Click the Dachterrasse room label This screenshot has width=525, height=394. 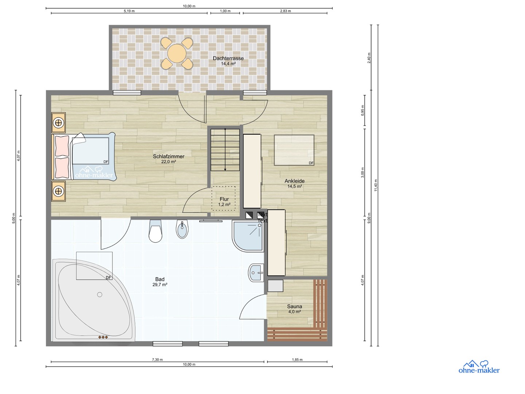pyautogui.click(x=228, y=61)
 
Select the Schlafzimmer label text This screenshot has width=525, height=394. pyautogui.click(x=168, y=159)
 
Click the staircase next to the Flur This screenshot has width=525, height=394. pyautogui.click(x=225, y=150)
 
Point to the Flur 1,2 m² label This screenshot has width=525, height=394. pyautogui.click(x=224, y=202)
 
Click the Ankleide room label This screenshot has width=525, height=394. pyautogui.click(x=295, y=183)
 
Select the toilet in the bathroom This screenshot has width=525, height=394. pyautogui.click(x=156, y=232)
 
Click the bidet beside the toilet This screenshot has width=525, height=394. pyautogui.click(x=182, y=229)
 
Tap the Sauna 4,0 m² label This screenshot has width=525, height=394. pyautogui.click(x=295, y=309)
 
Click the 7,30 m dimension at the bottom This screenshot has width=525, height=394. pyautogui.click(x=157, y=360)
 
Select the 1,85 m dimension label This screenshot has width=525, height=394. pyautogui.click(x=297, y=360)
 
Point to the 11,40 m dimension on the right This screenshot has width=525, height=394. pyautogui.click(x=376, y=185)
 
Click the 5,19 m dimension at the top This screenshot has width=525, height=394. pyautogui.click(x=129, y=11)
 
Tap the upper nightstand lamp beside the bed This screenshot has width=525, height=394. pyautogui.click(x=58, y=123)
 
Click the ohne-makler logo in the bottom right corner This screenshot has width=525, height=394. pyautogui.click(x=479, y=367)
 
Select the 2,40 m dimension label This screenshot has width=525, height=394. pyautogui.click(x=369, y=58)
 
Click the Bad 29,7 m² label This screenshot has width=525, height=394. pyautogui.click(x=160, y=282)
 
